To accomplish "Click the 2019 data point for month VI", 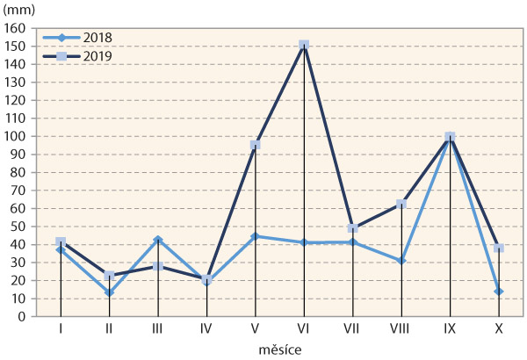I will tap(304, 45).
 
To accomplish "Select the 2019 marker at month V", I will tap(256, 145).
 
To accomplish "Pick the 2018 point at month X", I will tap(498, 292).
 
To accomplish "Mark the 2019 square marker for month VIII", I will tap(401, 204).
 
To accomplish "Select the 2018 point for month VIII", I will tap(401, 261).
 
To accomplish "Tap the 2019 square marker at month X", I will tap(498, 248).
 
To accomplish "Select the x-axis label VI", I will tap(304, 330).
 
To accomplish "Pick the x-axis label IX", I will tap(450, 330).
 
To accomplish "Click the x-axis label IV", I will tap(206, 330).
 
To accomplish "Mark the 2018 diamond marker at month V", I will tap(256, 236).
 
